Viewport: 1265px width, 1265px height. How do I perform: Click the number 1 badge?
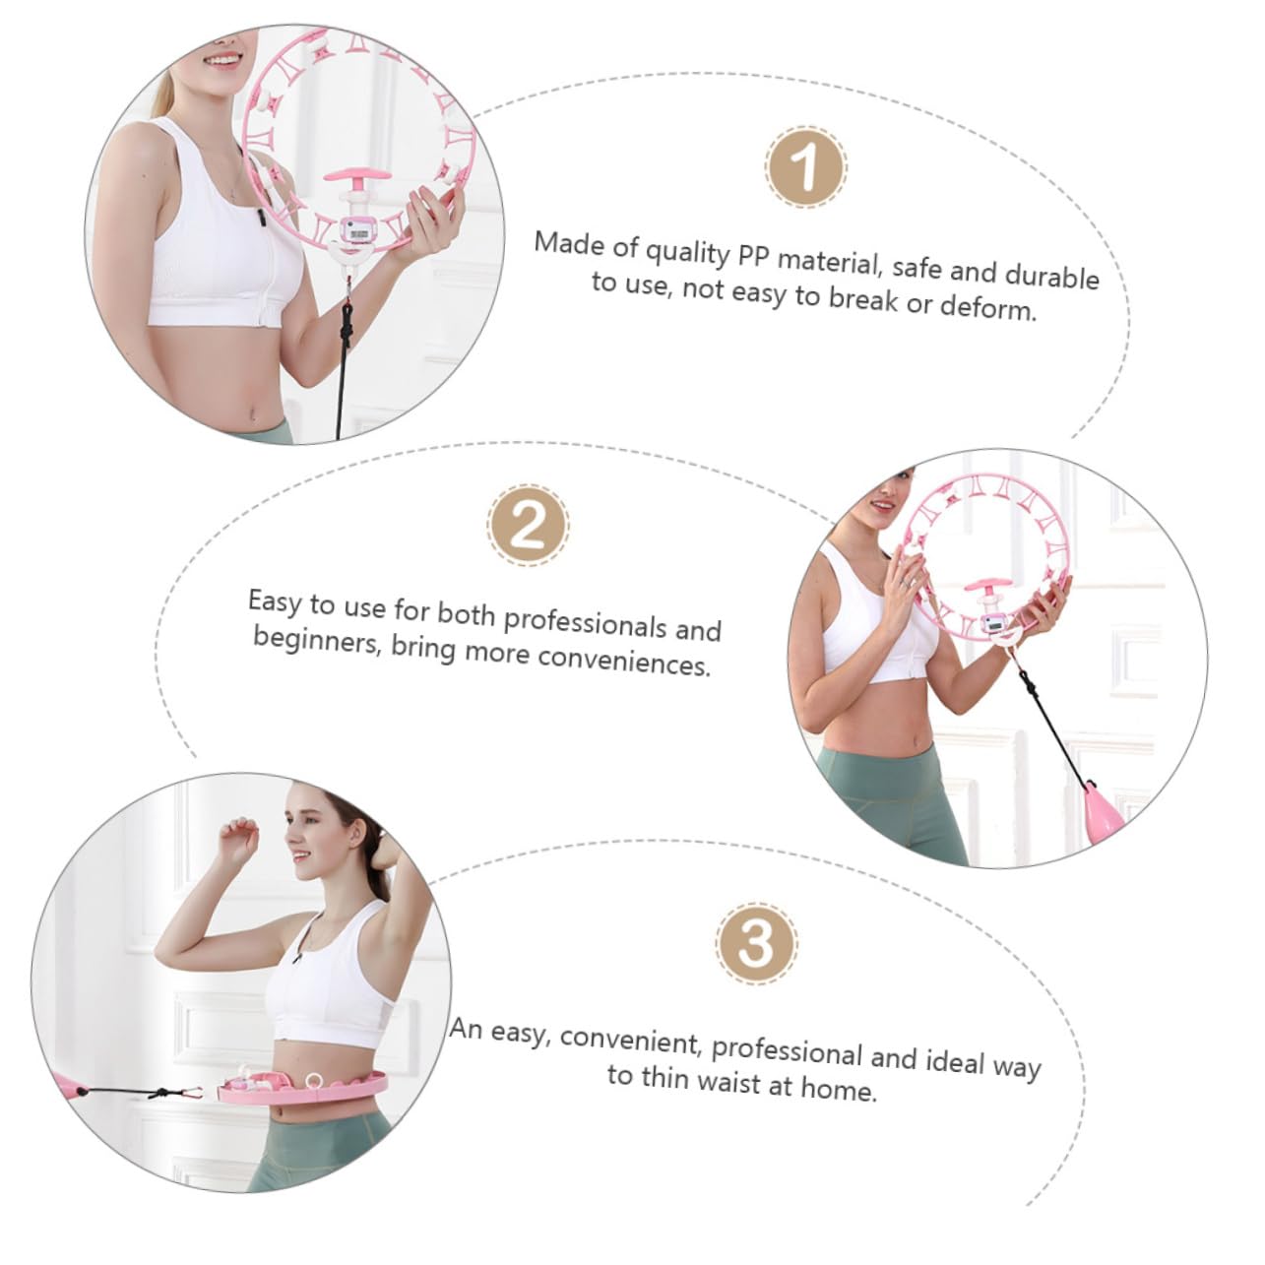(805, 167)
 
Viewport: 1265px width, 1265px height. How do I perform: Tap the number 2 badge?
(529, 527)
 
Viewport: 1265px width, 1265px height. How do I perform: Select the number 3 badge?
(756, 944)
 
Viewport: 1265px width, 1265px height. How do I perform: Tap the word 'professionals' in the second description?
(585, 620)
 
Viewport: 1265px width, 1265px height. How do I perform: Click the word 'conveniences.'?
(624, 661)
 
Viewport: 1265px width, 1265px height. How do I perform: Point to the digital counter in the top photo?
(355, 231)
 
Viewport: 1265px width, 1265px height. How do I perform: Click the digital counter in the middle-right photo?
(993, 623)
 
